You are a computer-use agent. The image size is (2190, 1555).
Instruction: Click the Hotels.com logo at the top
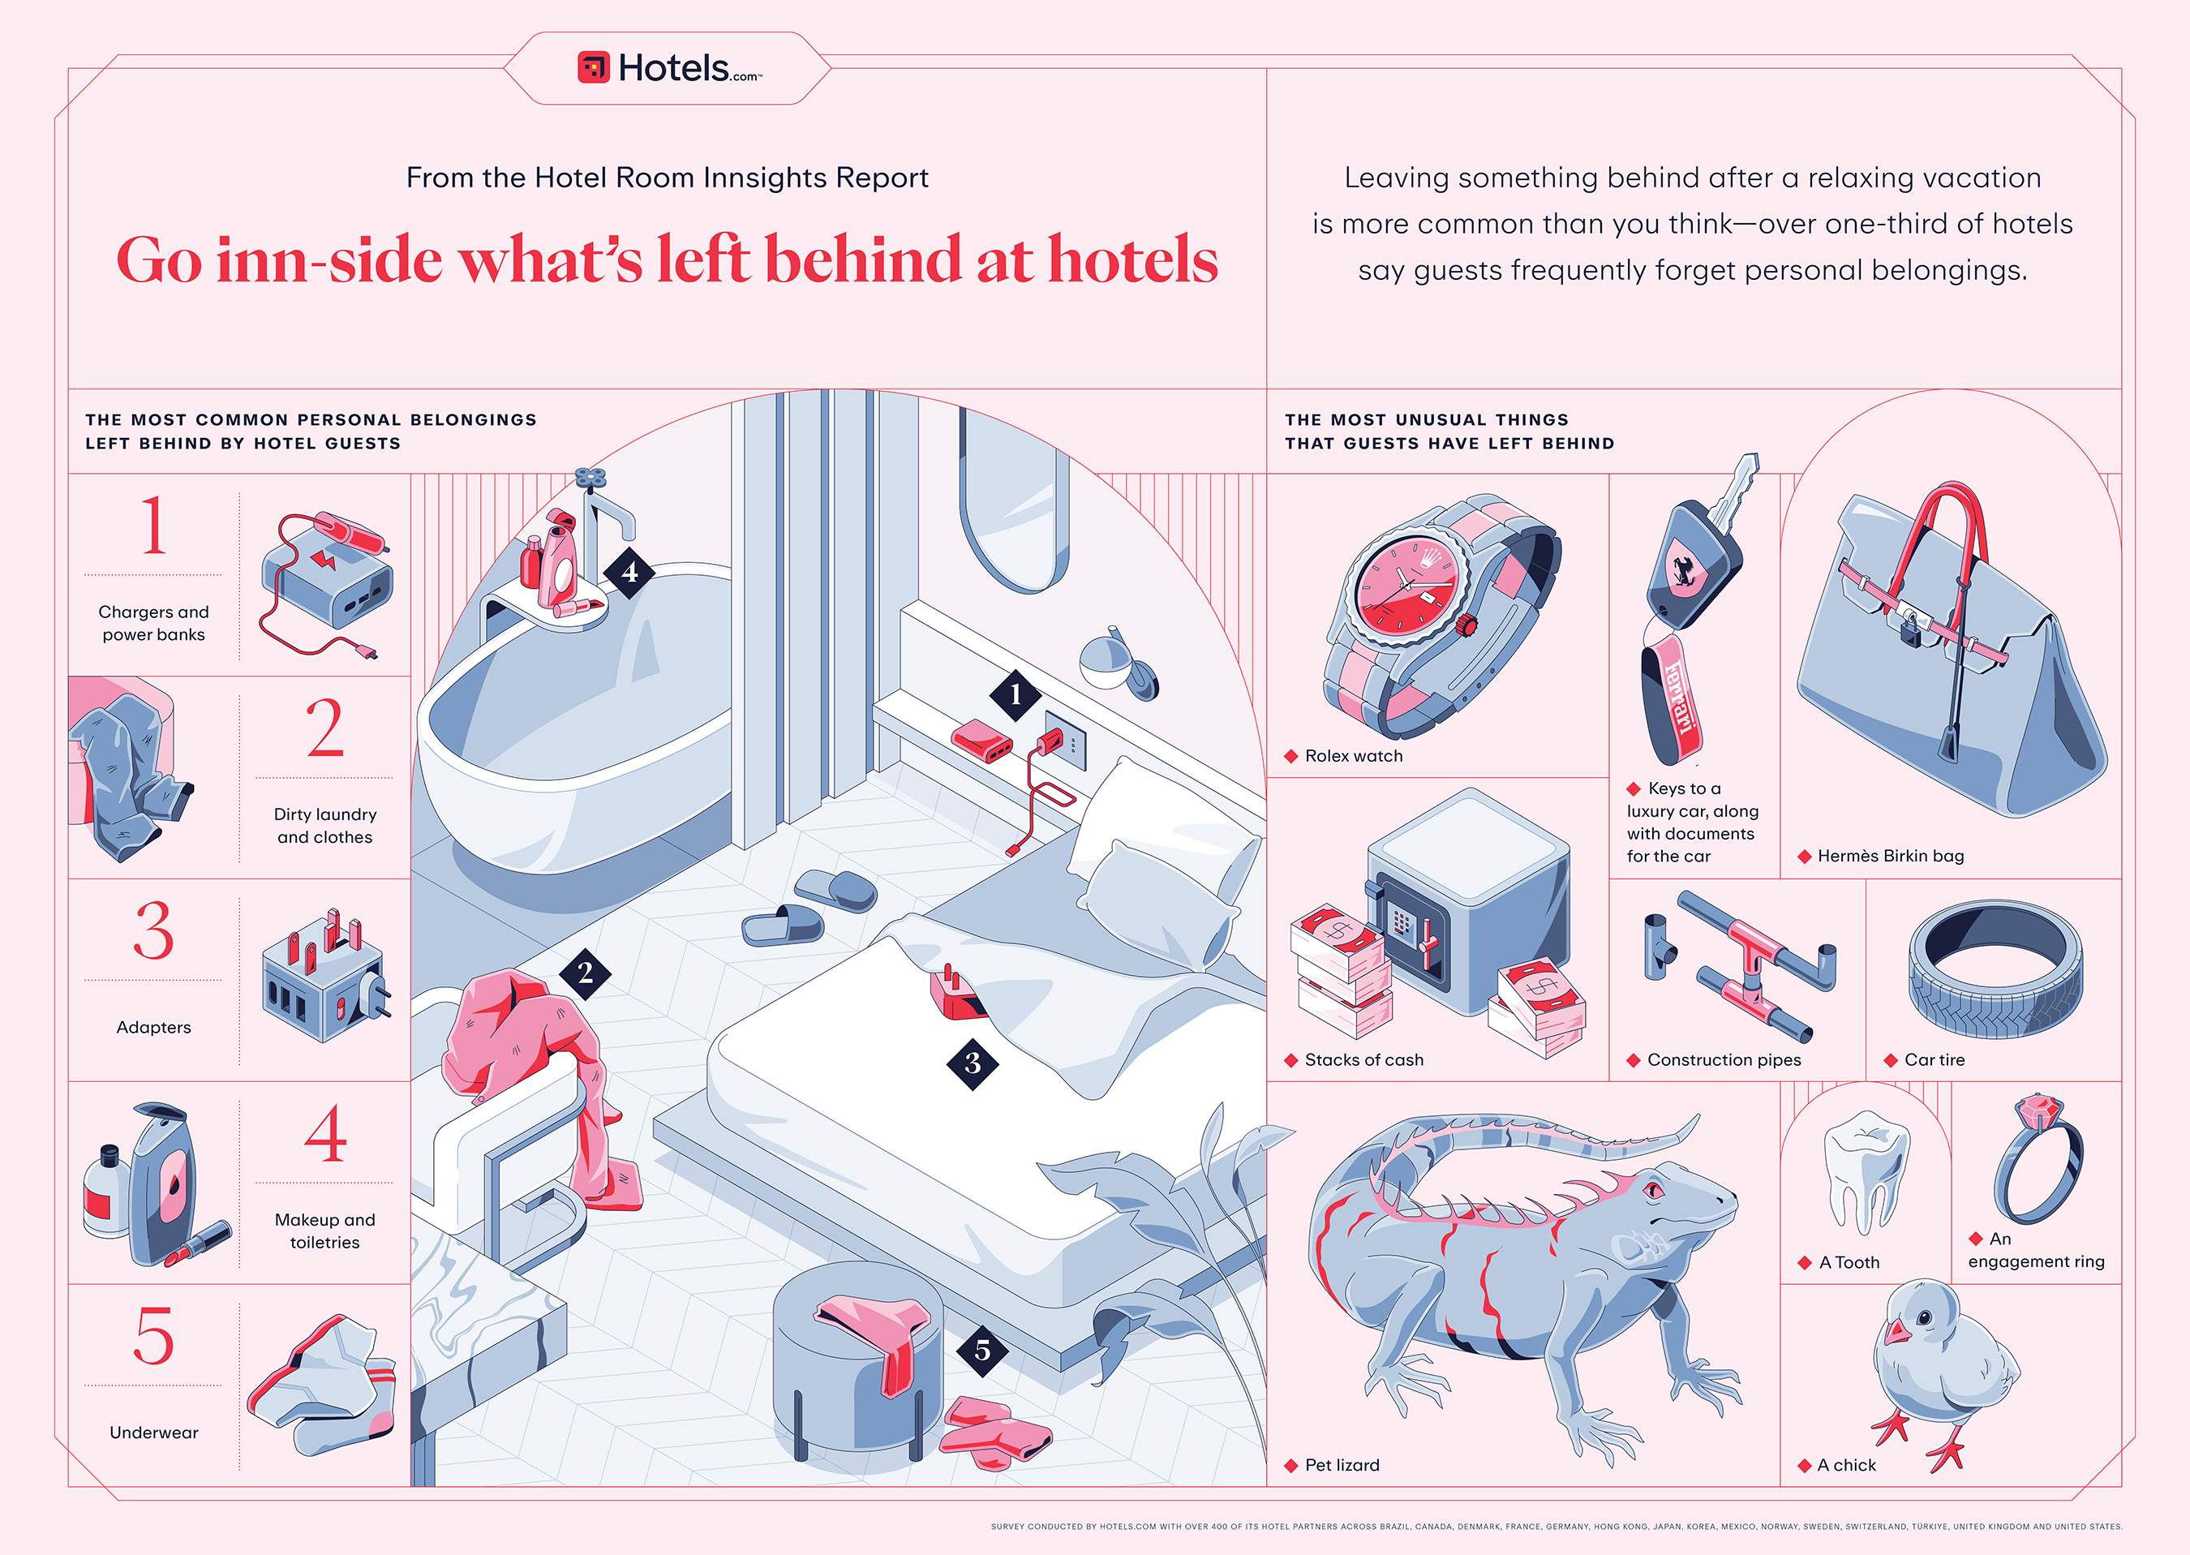tap(669, 68)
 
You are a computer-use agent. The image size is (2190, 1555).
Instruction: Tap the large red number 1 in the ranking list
tap(153, 525)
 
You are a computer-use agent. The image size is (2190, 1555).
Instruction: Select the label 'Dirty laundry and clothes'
tap(324, 826)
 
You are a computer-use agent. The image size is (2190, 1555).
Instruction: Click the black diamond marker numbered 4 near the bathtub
tap(629, 573)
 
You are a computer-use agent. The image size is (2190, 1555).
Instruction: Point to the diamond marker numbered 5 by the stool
tap(982, 1350)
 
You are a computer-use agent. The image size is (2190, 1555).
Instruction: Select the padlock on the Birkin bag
tap(1909, 631)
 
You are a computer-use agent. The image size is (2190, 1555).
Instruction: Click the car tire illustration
tap(1995, 969)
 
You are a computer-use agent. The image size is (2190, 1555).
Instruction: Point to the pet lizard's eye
tap(1653, 1189)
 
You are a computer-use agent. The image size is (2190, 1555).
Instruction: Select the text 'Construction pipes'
tap(1724, 1060)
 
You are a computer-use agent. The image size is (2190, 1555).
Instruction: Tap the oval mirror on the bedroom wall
tap(1014, 498)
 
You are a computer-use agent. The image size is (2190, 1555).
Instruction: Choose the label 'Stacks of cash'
tap(1364, 1060)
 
